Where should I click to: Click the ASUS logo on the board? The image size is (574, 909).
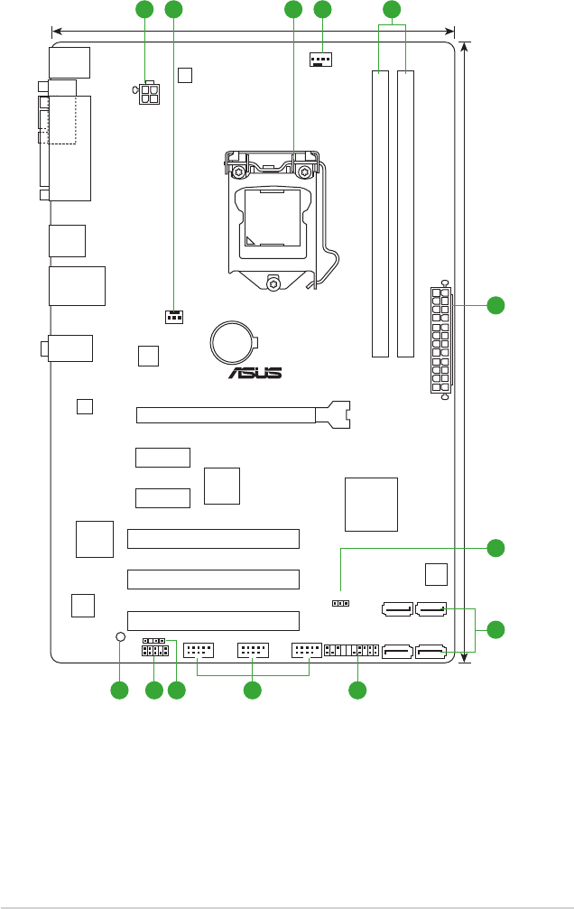(x=254, y=372)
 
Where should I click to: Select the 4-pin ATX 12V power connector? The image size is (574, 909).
(x=150, y=95)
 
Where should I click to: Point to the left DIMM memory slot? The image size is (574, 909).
(x=381, y=213)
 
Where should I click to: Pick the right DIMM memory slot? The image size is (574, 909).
(x=406, y=213)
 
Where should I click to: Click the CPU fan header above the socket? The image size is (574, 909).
(x=319, y=61)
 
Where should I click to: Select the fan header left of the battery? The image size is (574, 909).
(x=174, y=317)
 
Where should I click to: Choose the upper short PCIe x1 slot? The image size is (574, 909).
(x=163, y=457)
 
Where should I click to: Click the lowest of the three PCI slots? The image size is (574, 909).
(x=213, y=619)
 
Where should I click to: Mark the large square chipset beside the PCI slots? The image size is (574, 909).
(x=371, y=504)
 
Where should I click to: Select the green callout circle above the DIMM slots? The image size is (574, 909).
(x=391, y=10)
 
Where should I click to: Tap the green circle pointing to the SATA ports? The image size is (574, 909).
(x=495, y=628)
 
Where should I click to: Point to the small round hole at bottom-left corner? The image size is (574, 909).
(x=121, y=636)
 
